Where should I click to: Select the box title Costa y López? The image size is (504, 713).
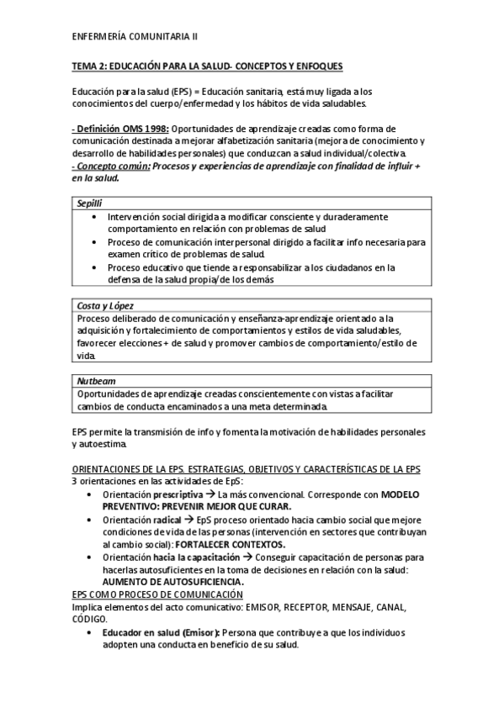[105, 306]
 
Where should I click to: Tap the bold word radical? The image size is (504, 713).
[168, 520]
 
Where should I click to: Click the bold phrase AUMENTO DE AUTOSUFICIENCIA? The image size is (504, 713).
[172, 582]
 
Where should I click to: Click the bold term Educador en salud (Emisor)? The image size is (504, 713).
[160, 632]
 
